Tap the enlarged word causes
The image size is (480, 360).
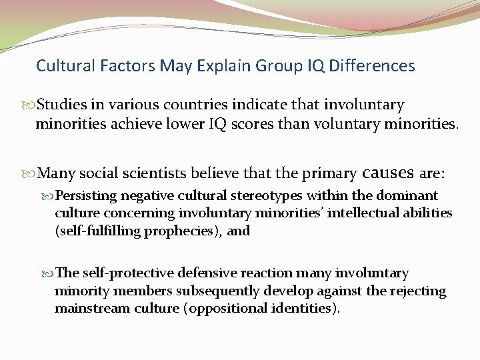[388, 173]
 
